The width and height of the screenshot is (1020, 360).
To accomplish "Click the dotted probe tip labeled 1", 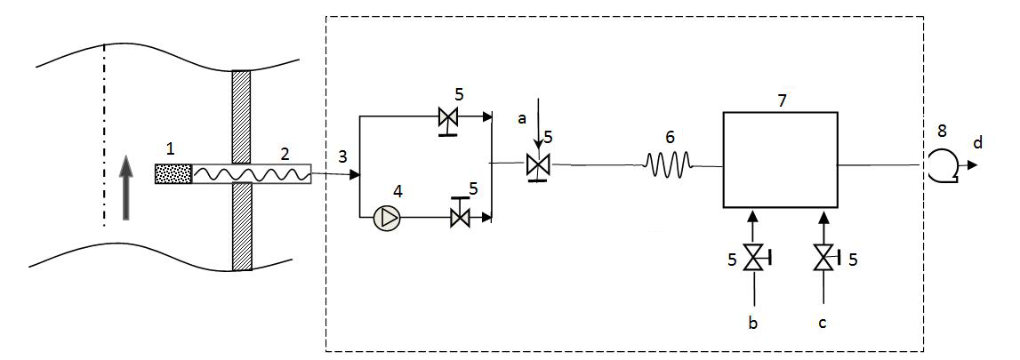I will click(173, 174).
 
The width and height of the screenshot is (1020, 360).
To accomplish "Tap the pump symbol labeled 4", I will click(387, 218).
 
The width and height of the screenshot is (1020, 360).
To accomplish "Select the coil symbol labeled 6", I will click(668, 164).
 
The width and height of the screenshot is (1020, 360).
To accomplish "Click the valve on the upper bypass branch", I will click(448, 116).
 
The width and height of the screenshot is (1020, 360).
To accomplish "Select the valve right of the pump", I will click(460, 217).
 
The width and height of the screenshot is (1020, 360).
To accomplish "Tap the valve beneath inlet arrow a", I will click(536, 165).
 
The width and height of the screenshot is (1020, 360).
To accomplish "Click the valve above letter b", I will click(754, 259).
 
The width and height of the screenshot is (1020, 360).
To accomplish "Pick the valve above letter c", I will click(823, 259).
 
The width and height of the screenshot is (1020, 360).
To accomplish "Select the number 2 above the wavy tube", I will click(285, 153).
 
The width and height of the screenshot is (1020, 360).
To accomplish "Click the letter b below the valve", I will click(753, 324).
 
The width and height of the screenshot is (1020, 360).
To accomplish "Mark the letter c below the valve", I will click(823, 324).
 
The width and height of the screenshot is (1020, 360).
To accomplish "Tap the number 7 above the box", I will click(782, 100).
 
